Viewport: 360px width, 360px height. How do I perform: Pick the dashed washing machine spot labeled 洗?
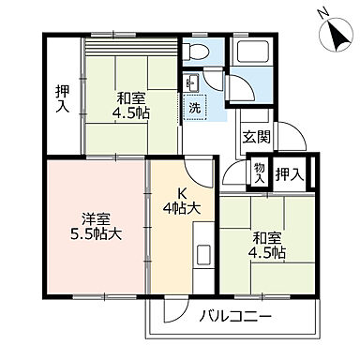194,107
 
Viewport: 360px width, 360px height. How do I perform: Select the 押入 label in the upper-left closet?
62,97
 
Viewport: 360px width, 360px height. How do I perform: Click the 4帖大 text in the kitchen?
182,207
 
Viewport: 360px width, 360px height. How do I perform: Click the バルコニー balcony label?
235,316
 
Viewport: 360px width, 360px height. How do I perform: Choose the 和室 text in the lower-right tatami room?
267,238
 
